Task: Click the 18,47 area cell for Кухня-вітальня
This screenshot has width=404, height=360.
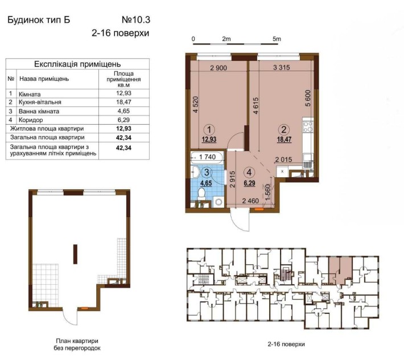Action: click(x=123, y=102)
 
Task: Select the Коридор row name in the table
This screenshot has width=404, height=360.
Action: click(x=31, y=120)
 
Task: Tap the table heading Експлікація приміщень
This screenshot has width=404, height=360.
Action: click(x=77, y=64)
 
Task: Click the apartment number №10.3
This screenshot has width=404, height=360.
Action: click(x=136, y=20)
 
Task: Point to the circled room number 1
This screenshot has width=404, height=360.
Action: click(x=209, y=129)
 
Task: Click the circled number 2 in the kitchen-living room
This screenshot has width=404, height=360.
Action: click(x=284, y=129)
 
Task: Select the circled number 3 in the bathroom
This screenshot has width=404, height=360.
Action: click(x=207, y=172)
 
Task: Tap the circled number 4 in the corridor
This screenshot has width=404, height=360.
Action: click(x=249, y=172)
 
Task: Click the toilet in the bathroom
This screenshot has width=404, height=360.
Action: click(x=201, y=194)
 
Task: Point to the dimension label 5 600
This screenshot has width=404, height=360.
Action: click(x=308, y=98)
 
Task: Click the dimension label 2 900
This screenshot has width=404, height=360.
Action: click(x=219, y=68)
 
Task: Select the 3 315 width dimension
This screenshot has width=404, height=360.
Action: click(x=281, y=68)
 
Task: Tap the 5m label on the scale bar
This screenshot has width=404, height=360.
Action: click(x=277, y=39)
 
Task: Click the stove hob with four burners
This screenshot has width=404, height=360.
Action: click(x=308, y=126)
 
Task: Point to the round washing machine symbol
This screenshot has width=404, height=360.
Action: click(x=219, y=202)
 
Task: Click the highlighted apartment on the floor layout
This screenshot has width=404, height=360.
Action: click(x=340, y=270)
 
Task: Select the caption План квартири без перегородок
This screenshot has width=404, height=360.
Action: click(x=77, y=345)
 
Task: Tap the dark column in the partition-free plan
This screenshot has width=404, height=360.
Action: click(x=75, y=254)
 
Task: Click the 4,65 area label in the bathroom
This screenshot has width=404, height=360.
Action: click(x=206, y=183)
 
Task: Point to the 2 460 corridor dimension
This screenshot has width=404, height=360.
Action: click(x=250, y=201)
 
